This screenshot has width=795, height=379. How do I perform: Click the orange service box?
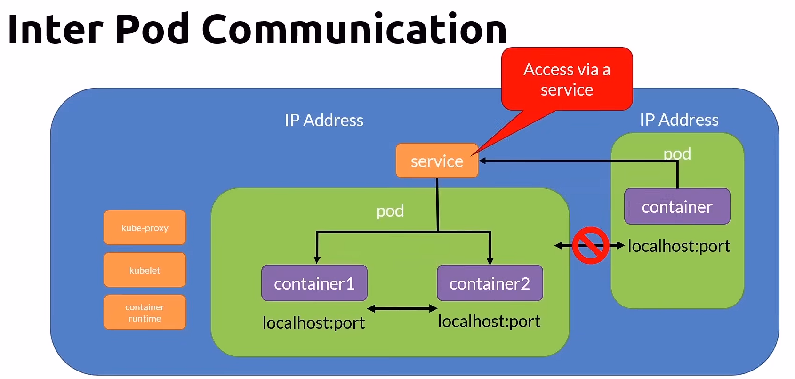436,161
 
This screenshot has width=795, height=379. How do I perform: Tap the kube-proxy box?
145,228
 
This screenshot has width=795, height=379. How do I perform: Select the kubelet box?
145,270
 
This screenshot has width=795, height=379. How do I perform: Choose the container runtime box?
145,313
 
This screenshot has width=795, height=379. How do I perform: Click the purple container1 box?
314,283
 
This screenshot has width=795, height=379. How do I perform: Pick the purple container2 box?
490,283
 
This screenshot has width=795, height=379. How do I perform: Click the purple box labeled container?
677,207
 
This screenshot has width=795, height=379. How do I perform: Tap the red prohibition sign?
590,245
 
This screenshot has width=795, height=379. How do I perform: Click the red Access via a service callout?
567,79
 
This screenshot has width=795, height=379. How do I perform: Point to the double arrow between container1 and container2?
402,309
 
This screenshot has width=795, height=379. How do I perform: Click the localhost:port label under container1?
313,323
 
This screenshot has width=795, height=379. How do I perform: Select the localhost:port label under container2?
489,322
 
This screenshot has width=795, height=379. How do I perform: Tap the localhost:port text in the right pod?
679,246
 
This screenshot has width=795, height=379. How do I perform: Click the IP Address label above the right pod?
679,120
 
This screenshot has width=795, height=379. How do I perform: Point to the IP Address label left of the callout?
324,121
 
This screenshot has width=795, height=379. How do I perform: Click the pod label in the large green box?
390,211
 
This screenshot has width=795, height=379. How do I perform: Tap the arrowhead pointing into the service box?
482,161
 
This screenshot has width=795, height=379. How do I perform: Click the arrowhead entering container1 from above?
317,260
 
